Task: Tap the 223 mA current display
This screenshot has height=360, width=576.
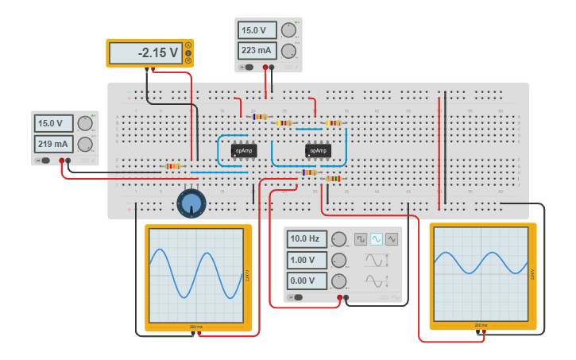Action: [x=257, y=51]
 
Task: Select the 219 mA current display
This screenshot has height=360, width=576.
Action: [x=53, y=144]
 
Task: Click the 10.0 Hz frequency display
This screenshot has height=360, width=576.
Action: [x=306, y=238]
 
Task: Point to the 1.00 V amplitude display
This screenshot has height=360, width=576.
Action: [x=306, y=260]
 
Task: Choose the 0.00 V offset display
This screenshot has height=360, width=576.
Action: [x=306, y=281]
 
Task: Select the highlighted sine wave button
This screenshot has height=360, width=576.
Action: [x=377, y=238]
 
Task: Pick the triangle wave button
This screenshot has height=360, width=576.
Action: [x=392, y=238]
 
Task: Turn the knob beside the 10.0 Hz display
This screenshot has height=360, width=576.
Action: [x=339, y=239]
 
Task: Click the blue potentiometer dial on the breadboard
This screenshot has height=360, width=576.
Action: [x=191, y=203]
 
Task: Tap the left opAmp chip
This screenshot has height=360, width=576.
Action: [x=244, y=149]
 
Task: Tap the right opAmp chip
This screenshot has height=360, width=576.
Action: [x=318, y=149]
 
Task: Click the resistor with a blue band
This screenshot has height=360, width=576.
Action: [x=259, y=116]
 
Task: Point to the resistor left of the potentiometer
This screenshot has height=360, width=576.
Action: [x=172, y=166]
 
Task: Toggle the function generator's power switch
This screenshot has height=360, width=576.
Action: [x=296, y=298]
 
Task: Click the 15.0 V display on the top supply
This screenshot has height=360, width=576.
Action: [x=257, y=30]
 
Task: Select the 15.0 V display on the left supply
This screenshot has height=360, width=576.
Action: [x=53, y=123]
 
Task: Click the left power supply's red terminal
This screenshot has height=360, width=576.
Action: [x=61, y=161]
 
